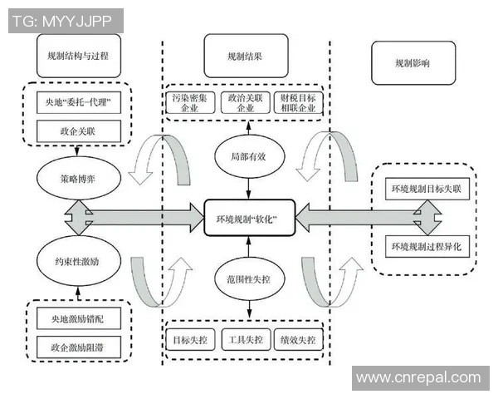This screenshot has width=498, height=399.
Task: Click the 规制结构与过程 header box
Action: click(79, 56)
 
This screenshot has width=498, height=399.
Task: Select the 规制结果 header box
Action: click(246, 57)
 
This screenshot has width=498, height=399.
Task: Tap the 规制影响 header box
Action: click(413, 62)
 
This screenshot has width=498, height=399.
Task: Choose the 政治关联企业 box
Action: click(247, 103)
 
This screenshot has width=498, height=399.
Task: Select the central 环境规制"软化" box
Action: click(247, 219)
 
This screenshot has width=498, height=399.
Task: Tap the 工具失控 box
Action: click(247, 341)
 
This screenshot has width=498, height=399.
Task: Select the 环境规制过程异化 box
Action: click(430, 247)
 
